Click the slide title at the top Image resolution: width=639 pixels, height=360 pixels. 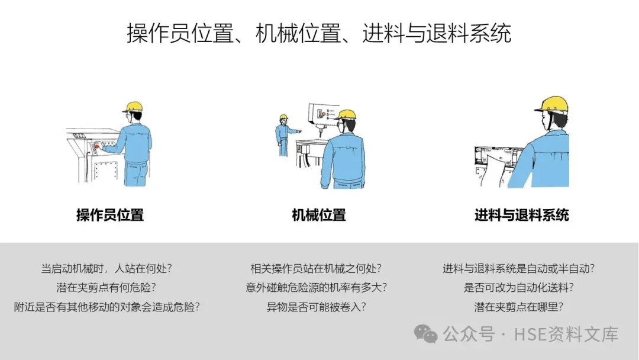[319, 33]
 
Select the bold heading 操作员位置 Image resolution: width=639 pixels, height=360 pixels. [110, 215]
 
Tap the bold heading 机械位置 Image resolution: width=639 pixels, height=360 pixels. [319, 215]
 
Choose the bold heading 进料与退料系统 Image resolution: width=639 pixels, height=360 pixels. [522, 215]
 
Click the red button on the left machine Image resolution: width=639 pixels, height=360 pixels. [97, 144]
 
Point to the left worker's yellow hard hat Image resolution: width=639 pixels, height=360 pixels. [133, 107]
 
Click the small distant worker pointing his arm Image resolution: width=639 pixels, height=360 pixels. [284, 136]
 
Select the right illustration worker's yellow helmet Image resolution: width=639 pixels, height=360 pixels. [552, 104]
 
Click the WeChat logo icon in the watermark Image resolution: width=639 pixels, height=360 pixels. [425, 334]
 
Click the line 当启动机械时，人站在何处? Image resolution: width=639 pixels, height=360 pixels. [106, 268]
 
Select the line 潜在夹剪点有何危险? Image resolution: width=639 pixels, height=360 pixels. [106, 287]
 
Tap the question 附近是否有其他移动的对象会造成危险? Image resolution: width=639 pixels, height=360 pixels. [106, 307]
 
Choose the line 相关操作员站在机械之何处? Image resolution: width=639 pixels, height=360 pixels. [316, 268]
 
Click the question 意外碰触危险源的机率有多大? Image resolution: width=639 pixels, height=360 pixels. [316, 287]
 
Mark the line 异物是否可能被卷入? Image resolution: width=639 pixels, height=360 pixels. [316, 307]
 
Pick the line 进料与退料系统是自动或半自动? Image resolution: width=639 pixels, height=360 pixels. [519, 268]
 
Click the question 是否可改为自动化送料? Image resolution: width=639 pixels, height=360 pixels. [519, 287]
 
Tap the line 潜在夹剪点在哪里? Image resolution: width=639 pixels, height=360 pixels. [519, 307]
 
